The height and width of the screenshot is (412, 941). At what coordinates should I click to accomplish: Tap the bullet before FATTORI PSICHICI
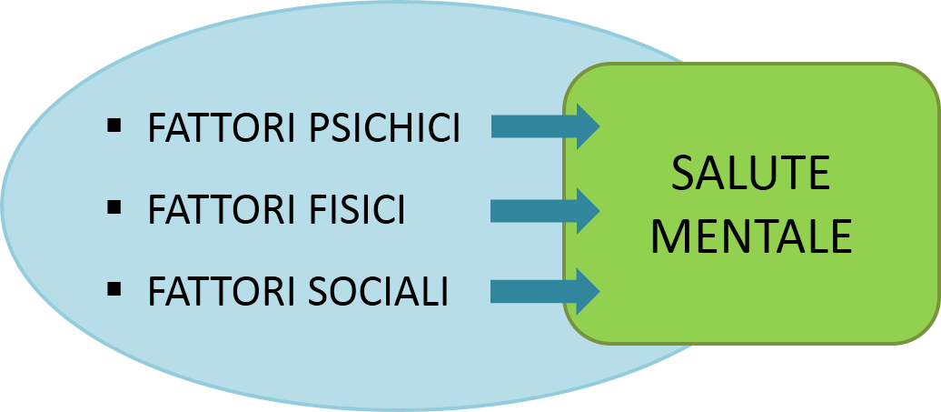point(114,126)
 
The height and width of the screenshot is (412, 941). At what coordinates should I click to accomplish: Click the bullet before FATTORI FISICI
point(114,207)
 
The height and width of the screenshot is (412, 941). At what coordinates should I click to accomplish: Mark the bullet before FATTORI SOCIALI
point(114,289)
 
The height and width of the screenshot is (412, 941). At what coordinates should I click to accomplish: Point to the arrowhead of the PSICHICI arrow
point(586,126)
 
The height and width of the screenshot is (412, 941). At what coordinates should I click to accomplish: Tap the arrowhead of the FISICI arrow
point(586,211)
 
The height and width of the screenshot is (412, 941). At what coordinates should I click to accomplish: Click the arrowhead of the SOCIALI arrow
point(586,291)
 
